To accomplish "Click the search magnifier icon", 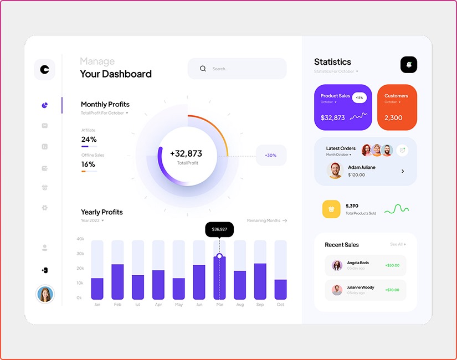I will [x=203, y=69].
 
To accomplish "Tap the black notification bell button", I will [x=409, y=65].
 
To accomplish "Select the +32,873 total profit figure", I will [x=186, y=153].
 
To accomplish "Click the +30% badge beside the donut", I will [x=271, y=156].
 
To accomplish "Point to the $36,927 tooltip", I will [x=219, y=229].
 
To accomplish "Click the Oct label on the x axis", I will [x=280, y=305].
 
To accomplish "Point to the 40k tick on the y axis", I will [x=80, y=239].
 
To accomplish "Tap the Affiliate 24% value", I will [x=89, y=140].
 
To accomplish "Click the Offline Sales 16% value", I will [x=89, y=164].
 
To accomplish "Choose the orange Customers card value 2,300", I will [x=393, y=118].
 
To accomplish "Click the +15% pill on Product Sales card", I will [x=360, y=98].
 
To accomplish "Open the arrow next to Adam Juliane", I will [x=403, y=171].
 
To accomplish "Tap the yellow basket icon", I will [x=331, y=209].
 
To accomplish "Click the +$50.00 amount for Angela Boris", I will [x=392, y=266].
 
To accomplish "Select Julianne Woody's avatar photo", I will [x=337, y=290].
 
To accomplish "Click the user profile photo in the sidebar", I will [x=45, y=294].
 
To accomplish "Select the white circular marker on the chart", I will [x=219, y=256].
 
